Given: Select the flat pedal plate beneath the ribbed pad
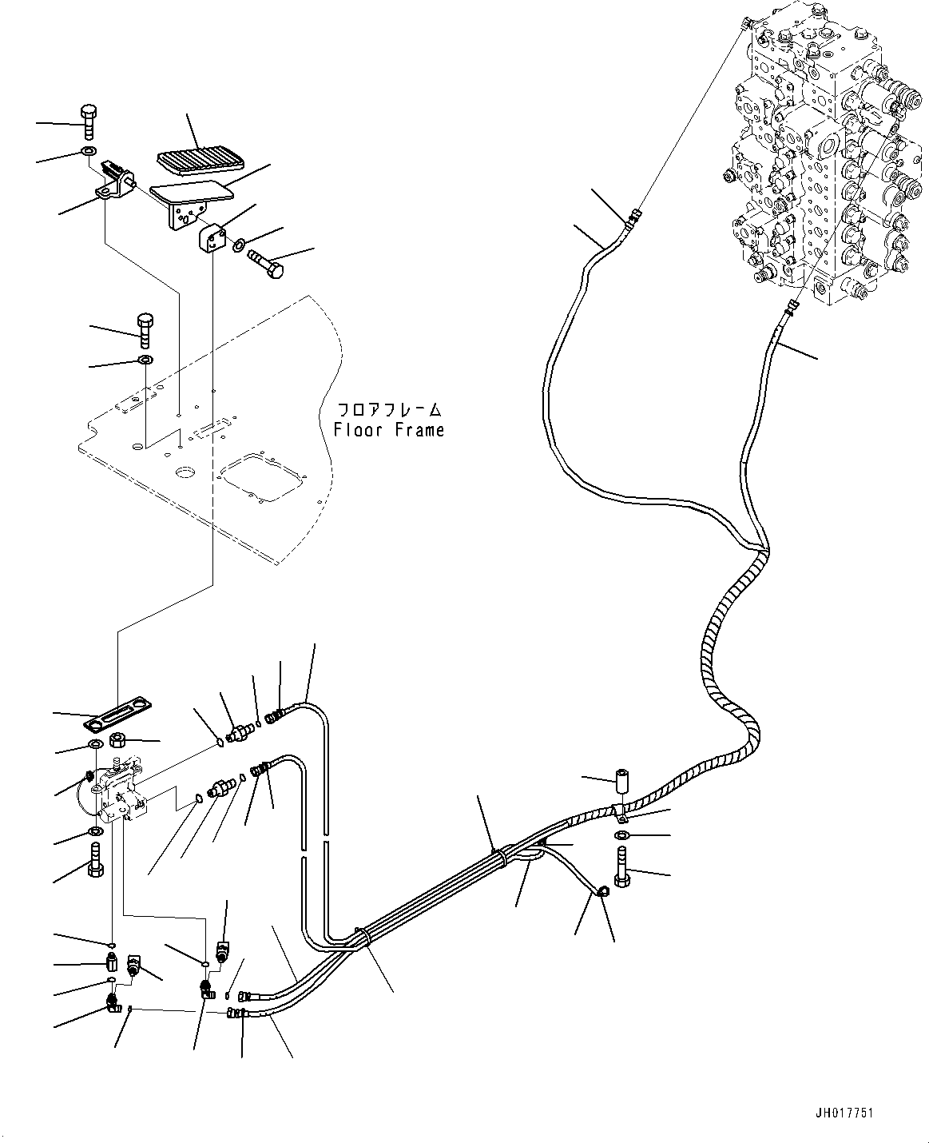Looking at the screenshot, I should click(x=189, y=192).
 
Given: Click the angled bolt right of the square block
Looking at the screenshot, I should click(x=266, y=264).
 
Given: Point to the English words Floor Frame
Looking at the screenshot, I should click(x=388, y=430).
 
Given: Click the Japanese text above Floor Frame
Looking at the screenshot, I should click(x=388, y=410).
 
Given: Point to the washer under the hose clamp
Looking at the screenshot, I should click(x=622, y=835).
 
